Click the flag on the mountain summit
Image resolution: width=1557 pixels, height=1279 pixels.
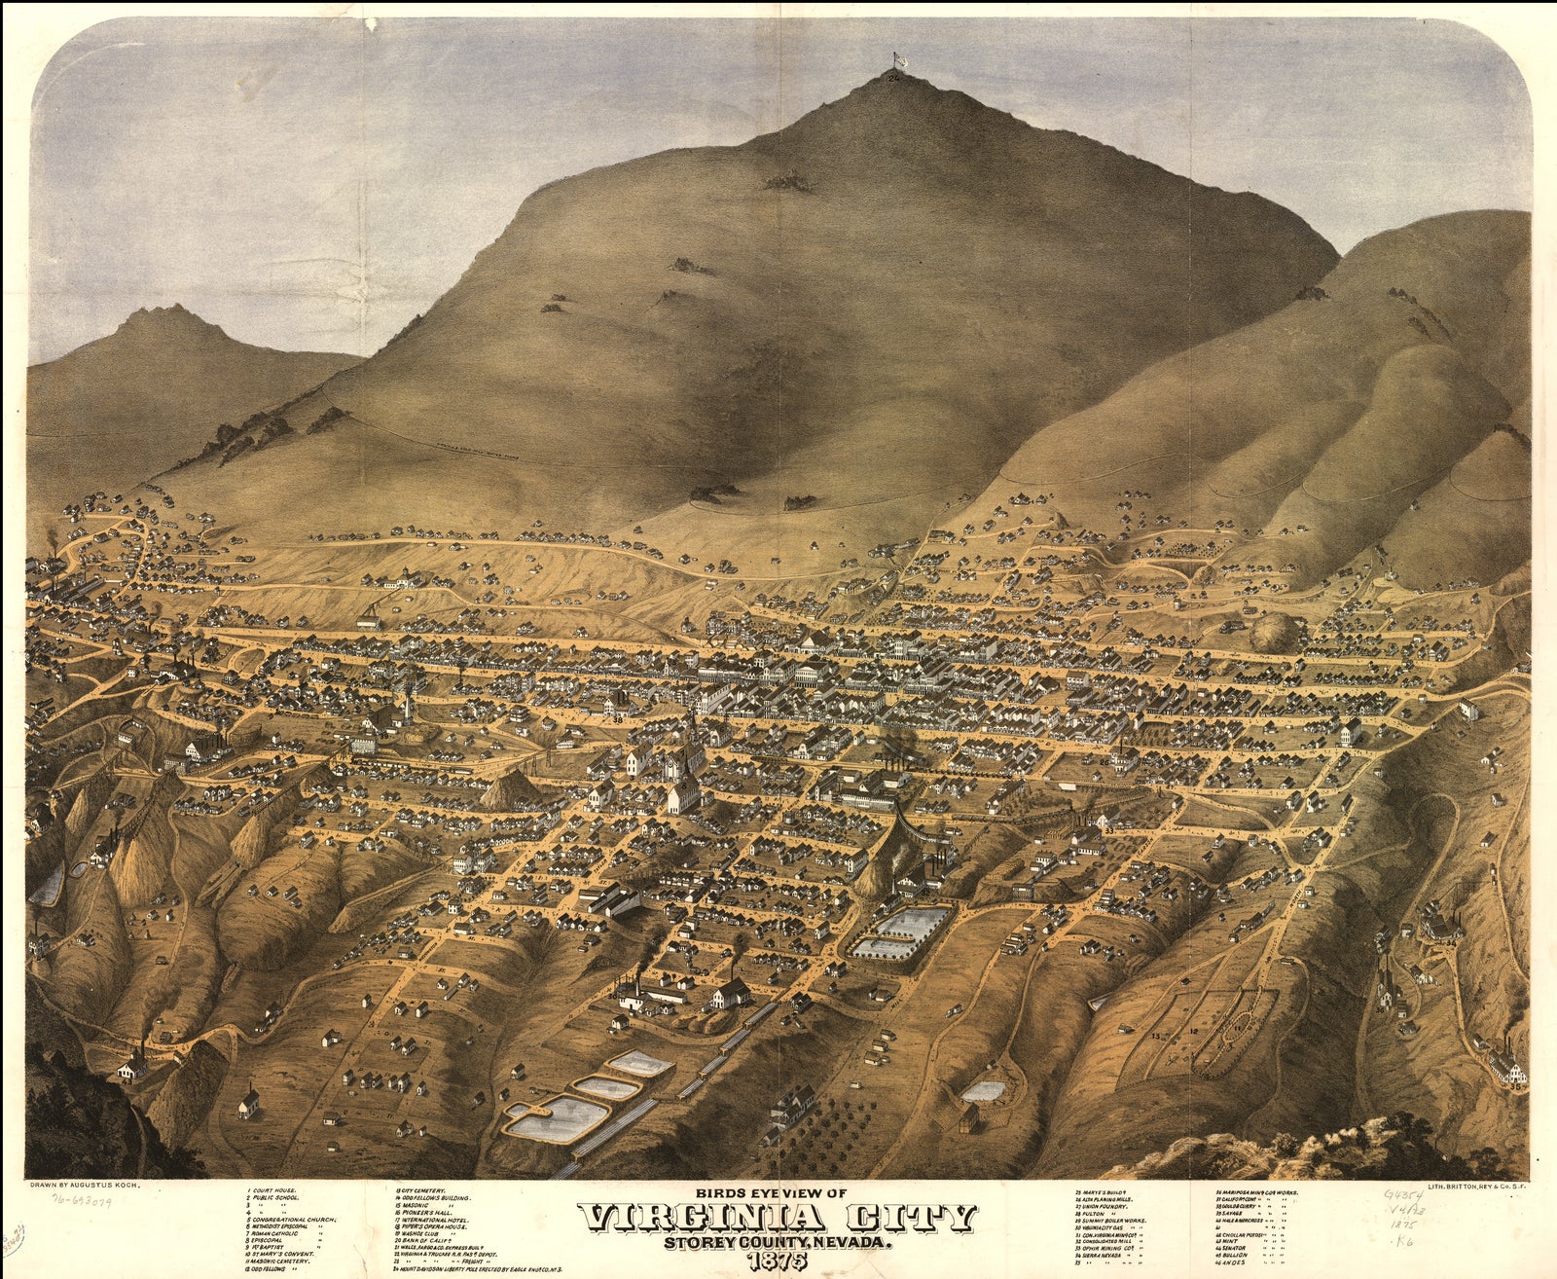[x=898, y=61]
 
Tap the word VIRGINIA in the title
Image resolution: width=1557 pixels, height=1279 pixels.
[x=690, y=1218]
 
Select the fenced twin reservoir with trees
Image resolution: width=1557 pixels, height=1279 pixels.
[x=901, y=932]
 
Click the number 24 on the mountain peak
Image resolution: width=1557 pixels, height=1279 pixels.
[x=894, y=79]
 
